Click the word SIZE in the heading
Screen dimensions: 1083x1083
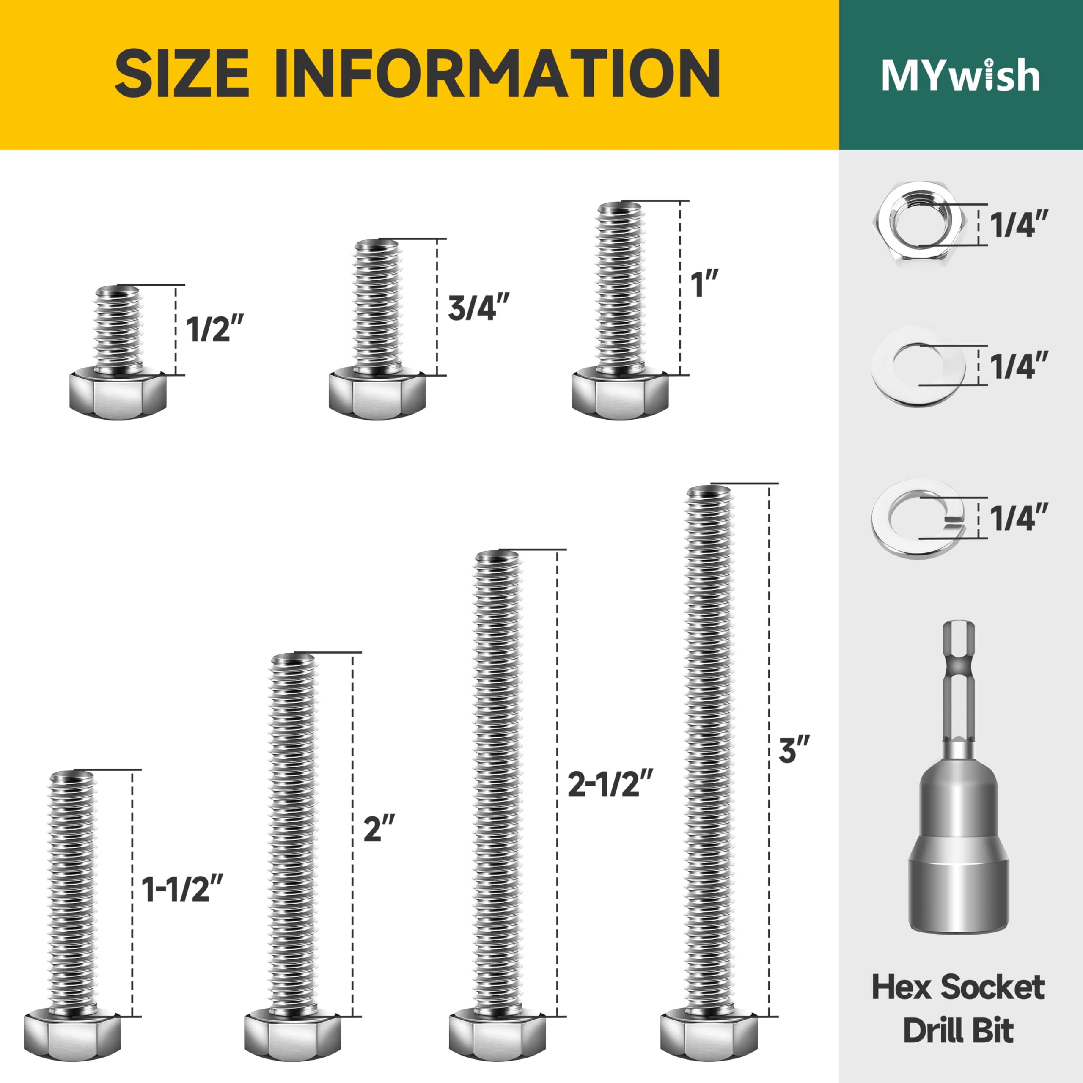tap(182, 74)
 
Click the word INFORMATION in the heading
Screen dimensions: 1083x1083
tap(497, 74)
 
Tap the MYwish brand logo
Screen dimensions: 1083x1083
tap(960, 74)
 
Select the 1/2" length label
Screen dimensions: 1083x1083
tap(216, 329)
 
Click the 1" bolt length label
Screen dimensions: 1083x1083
tap(704, 284)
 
